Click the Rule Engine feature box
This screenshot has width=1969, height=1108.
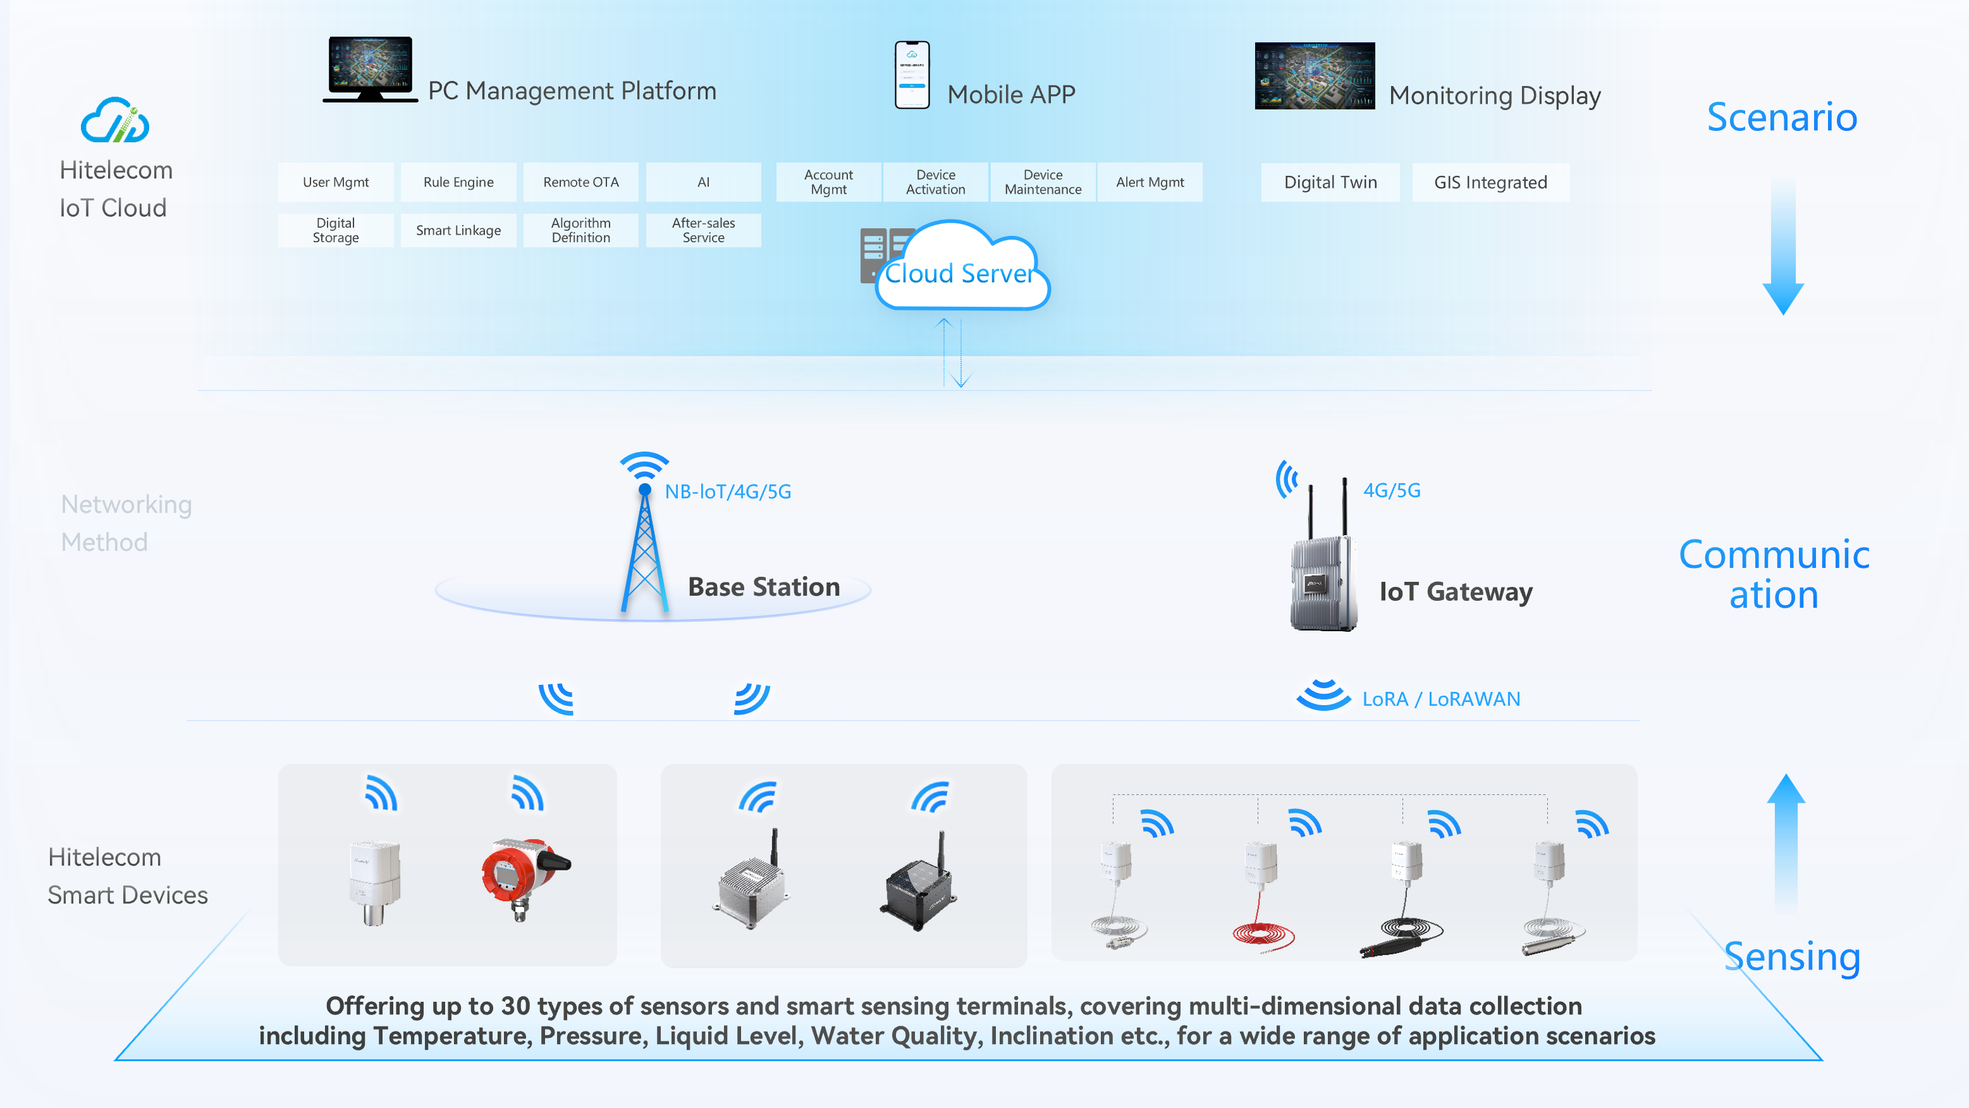pyautogui.click(x=458, y=182)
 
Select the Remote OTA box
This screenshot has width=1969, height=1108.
pyautogui.click(x=580, y=182)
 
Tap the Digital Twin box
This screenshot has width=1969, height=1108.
pyautogui.click(x=1329, y=182)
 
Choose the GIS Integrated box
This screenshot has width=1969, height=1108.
pyautogui.click(x=1490, y=182)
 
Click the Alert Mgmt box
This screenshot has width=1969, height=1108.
pyautogui.click(x=1149, y=182)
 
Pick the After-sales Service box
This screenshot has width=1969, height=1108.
pyautogui.click(x=702, y=230)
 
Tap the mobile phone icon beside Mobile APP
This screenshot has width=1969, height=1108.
pyautogui.click(x=911, y=75)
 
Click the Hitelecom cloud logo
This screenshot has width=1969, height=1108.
pyautogui.click(x=114, y=121)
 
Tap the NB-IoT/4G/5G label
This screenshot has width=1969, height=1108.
pyautogui.click(x=727, y=491)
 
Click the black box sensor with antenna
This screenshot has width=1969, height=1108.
pyautogui.click(x=919, y=887)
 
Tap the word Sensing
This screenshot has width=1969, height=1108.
pyautogui.click(x=1791, y=957)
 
